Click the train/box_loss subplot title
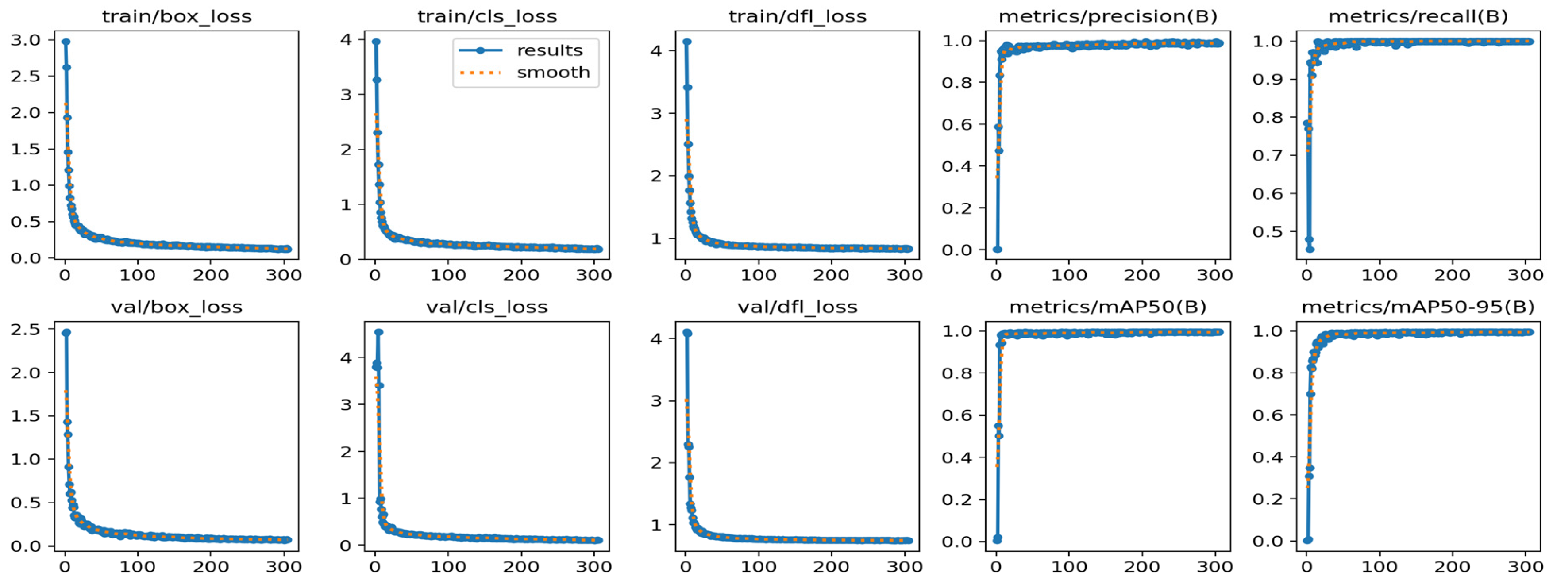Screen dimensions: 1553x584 click(x=177, y=16)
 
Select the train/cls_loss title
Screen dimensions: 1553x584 click(x=487, y=16)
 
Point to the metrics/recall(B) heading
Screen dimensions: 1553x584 click(x=1418, y=16)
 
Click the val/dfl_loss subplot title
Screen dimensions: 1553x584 click(x=798, y=307)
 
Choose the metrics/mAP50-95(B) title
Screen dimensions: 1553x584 click(x=1418, y=307)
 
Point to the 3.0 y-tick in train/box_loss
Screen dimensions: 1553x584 click(x=25, y=40)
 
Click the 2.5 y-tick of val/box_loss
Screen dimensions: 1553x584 click(x=25, y=330)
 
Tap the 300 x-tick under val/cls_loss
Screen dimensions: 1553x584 click(x=594, y=566)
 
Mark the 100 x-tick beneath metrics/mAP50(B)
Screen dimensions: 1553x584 click(x=1069, y=566)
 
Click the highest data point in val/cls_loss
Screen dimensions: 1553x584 click(x=378, y=332)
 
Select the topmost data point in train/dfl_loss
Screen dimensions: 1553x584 click(x=687, y=42)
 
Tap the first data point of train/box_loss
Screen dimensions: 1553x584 click(x=66, y=42)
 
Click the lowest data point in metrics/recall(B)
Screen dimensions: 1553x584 click(x=1310, y=249)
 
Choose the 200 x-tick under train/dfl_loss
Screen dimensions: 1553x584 click(x=831, y=276)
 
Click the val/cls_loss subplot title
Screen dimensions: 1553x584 click(x=487, y=307)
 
